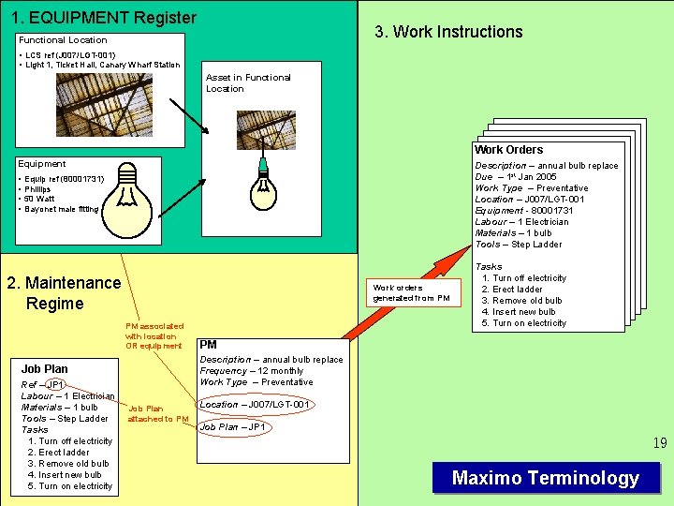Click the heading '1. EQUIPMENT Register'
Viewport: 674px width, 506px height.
point(104,18)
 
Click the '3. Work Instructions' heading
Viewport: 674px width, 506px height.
point(448,32)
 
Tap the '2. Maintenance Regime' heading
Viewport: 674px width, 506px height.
point(64,292)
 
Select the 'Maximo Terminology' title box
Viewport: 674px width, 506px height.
point(546,478)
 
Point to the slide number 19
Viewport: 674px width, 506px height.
point(660,443)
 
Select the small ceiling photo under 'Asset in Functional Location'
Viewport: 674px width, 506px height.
point(266,130)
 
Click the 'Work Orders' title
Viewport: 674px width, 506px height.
point(508,150)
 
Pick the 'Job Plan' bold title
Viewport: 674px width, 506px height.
point(45,368)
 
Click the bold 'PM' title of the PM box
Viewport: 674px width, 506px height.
point(208,345)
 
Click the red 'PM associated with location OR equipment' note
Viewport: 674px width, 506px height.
point(154,335)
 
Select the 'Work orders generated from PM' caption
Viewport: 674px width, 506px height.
point(412,292)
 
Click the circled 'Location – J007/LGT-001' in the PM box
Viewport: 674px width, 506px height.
point(255,404)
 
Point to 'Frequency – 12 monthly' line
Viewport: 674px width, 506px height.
point(252,371)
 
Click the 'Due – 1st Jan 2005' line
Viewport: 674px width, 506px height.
point(516,176)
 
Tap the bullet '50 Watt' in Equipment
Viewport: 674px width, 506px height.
point(41,199)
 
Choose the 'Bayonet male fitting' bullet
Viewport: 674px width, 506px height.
point(62,209)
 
